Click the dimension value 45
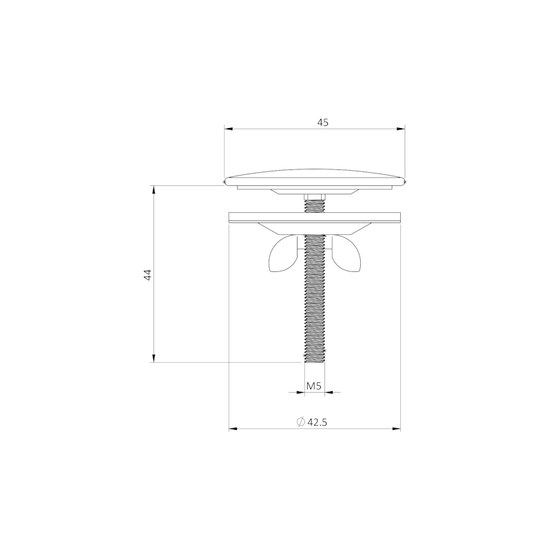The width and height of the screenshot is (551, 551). (322, 123)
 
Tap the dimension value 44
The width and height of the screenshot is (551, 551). (148, 274)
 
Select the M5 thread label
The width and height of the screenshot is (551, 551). (314, 386)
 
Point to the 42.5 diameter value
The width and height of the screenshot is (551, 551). (318, 422)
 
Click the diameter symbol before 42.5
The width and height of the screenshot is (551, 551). (300, 422)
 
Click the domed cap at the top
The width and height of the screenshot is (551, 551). (315, 178)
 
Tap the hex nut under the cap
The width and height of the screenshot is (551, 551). (315, 196)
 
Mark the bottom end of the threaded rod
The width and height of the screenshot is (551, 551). (315, 362)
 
